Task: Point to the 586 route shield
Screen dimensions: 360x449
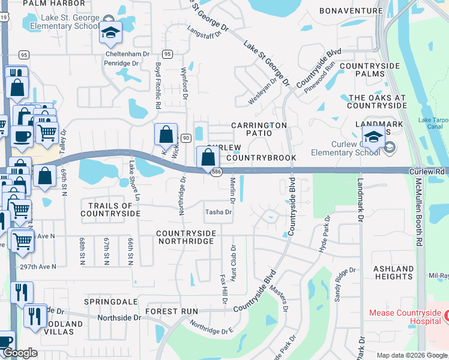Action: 214,172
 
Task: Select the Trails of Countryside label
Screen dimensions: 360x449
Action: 110,209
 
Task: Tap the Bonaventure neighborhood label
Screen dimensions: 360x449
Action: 351,11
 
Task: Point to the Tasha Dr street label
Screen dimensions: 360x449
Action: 218,212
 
